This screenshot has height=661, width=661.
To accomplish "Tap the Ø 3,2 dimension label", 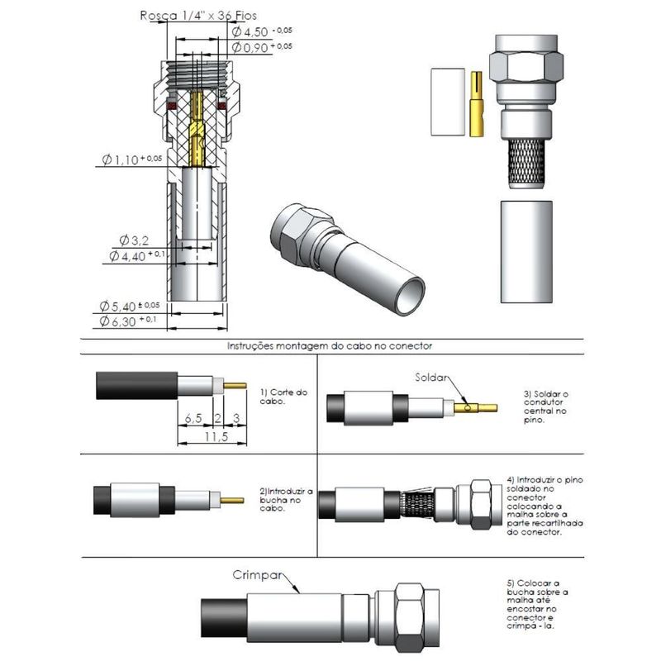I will (132, 240).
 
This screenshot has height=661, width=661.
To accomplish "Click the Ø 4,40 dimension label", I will (132, 256).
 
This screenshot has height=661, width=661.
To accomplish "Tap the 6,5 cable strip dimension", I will (195, 419).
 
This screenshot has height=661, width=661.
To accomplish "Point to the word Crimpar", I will (254, 575).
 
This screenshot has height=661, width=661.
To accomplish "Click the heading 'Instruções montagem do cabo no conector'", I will (330, 346).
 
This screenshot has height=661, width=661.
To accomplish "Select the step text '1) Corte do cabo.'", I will (283, 396).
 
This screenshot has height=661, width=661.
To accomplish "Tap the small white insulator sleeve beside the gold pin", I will (447, 101).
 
